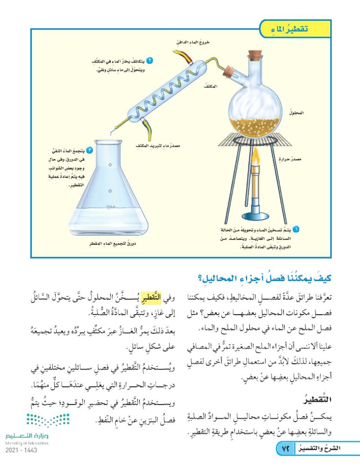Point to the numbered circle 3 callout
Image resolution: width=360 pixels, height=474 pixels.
click(x=90, y=150)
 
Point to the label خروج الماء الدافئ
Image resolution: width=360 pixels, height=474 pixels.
click(x=191, y=42)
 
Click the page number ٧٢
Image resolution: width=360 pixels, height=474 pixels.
click(x=284, y=449)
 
